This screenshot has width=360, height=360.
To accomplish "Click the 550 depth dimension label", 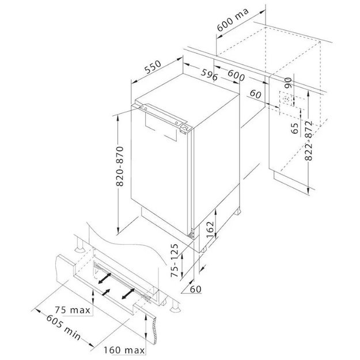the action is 153,67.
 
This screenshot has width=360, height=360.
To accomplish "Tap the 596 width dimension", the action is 209,74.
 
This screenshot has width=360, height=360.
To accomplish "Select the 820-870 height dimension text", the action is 120,166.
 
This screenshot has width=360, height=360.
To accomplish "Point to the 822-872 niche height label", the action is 309,141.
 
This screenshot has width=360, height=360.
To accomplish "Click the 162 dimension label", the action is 210,230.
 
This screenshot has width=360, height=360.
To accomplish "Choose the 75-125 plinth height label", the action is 175,260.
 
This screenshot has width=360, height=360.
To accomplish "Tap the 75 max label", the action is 73,310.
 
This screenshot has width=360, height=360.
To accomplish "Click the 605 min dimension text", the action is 63,327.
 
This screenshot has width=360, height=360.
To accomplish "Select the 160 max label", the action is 124,350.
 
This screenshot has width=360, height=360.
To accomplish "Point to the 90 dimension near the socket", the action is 288,83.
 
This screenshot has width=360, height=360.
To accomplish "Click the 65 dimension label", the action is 294,128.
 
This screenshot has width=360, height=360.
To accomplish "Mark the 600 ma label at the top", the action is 233,20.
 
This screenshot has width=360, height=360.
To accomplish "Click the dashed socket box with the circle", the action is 286,98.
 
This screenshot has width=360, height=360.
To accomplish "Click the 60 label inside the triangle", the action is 196,289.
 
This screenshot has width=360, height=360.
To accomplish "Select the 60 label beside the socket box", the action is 256,94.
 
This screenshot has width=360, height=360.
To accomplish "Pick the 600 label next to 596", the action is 236,76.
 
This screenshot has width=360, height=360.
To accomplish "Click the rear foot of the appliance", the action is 237,211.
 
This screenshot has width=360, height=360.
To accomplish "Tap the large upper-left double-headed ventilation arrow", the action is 105,278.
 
